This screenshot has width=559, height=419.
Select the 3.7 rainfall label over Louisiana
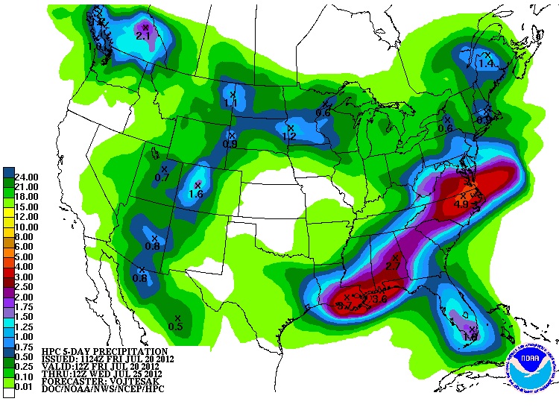tap(344, 305)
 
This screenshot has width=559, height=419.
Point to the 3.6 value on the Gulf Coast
tap(379, 299)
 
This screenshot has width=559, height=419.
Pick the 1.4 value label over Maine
tap(486, 64)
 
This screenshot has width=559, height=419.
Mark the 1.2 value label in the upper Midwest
tap(289, 136)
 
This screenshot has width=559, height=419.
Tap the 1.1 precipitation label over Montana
tap(230, 103)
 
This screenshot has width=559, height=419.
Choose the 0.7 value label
tap(162, 177)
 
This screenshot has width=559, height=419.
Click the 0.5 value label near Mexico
tap(176, 327)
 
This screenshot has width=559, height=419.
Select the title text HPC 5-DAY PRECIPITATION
tap(104, 351)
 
